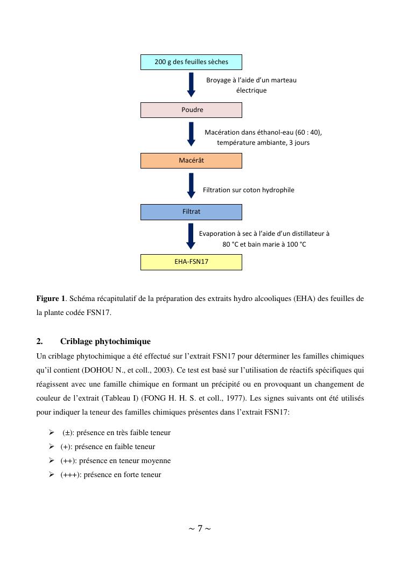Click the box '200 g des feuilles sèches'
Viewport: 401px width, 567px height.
191,62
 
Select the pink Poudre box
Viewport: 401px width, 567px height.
191,110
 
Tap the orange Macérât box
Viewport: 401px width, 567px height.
191,160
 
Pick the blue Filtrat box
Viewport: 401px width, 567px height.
191,212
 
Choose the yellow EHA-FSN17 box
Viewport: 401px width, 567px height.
191,262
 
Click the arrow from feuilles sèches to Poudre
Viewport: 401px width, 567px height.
191,85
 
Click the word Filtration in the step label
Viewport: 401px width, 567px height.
218,190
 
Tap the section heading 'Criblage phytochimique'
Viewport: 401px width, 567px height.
105,341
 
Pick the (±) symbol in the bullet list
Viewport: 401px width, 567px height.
68,432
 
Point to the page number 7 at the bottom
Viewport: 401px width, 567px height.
200,528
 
